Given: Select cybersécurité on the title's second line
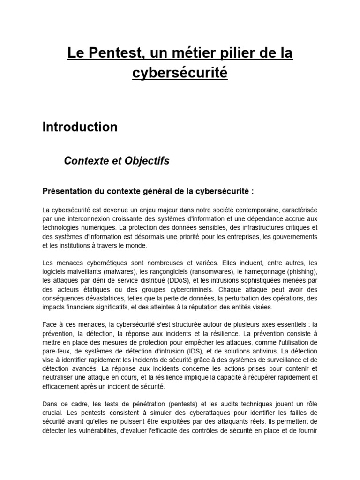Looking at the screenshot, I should point(180,73).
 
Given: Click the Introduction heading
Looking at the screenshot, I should point(80,127).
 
